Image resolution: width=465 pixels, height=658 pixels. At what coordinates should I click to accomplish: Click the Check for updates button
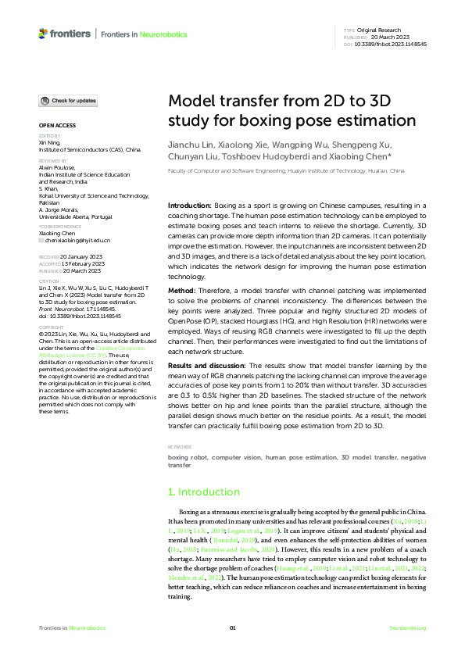69,101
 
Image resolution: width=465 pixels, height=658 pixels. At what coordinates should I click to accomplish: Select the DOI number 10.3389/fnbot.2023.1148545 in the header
391,45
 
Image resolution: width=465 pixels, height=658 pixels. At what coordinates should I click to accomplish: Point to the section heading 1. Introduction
204,492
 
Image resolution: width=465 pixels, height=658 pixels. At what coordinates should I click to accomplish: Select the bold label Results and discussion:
209,365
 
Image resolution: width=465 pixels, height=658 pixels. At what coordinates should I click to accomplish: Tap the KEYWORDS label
181,448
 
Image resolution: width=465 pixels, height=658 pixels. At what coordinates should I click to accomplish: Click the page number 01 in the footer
232,628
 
